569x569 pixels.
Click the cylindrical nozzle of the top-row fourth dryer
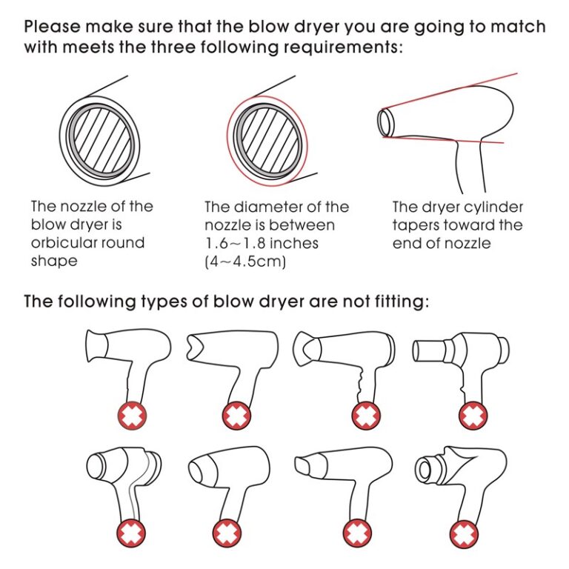430,347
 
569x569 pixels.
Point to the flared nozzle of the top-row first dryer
96,345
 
